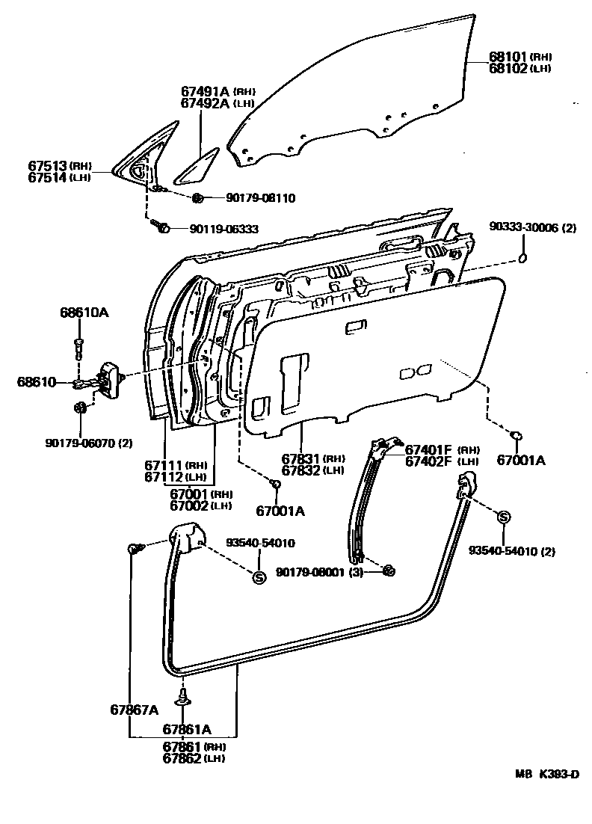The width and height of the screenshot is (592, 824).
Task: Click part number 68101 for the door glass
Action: point(508,56)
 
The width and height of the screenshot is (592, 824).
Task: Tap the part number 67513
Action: point(49,166)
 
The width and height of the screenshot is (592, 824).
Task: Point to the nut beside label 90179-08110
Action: point(198,198)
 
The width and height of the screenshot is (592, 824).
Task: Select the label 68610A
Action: point(84,313)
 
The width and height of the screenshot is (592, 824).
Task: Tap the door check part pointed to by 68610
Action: point(109,377)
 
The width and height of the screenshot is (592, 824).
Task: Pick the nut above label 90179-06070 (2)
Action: point(81,408)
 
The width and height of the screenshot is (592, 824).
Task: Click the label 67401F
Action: point(428,449)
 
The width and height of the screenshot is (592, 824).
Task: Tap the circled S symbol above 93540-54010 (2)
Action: point(504,517)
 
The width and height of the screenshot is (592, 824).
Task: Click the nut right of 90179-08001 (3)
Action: point(388,572)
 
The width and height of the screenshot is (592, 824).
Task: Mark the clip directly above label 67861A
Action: point(182,697)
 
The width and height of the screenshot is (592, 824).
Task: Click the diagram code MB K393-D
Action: point(546,774)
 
